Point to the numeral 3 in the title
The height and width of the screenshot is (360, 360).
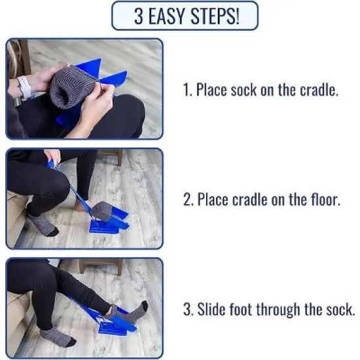(139, 16)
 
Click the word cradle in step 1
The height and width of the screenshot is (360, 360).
(318, 90)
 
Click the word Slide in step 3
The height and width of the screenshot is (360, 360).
(210, 309)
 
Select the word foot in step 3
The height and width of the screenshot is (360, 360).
(242, 309)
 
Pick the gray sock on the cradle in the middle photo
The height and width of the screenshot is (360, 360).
(101, 211)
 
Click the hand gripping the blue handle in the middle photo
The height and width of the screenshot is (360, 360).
(52, 156)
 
